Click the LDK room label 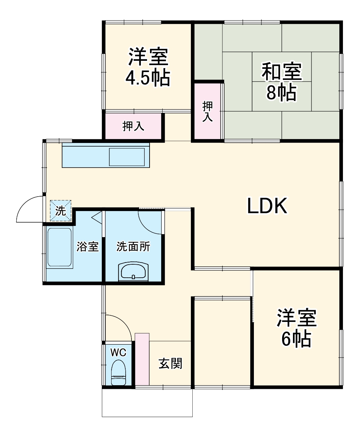(x=267, y=206)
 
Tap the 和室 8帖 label (x=281, y=81)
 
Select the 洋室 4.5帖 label (x=148, y=67)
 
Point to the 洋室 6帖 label (x=297, y=328)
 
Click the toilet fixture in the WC (x=118, y=373)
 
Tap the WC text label (x=118, y=352)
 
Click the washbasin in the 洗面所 (x=133, y=272)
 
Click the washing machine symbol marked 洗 (x=60, y=211)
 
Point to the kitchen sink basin (x=127, y=157)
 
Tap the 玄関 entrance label (x=170, y=363)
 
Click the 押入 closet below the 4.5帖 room (x=133, y=126)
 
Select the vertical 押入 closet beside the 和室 (x=208, y=112)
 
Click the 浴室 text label (x=88, y=247)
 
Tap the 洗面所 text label (x=133, y=247)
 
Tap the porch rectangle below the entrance (x=147, y=403)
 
